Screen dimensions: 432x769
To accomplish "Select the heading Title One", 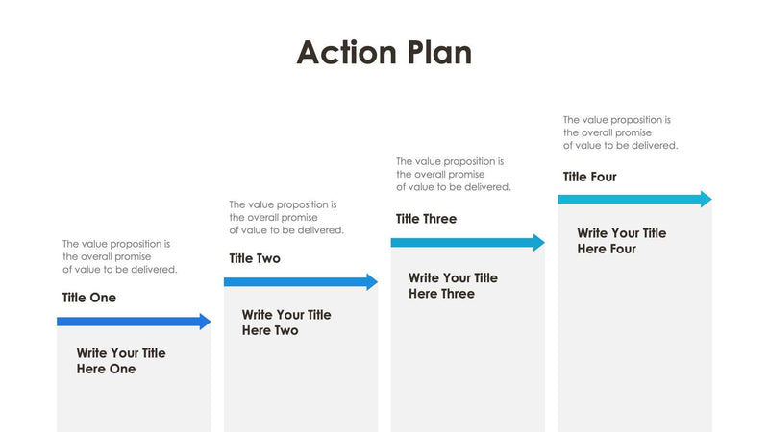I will [x=89, y=298].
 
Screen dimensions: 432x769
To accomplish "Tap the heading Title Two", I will [x=255, y=258].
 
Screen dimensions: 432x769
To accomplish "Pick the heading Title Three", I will [x=426, y=219].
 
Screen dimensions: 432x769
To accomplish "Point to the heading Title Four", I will [x=589, y=177].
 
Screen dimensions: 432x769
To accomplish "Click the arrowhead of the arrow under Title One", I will [x=205, y=322].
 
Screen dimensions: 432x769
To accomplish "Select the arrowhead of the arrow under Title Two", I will [x=372, y=282].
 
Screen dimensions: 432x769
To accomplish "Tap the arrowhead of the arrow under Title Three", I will [x=538, y=243].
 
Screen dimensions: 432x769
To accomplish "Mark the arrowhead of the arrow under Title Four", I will [x=706, y=200].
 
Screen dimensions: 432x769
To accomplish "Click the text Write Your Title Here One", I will [x=121, y=361].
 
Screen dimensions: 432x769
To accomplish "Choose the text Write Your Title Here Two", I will [x=286, y=323].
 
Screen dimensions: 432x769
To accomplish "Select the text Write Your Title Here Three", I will [x=453, y=286].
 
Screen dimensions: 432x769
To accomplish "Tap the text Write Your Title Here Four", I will [x=621, y=241].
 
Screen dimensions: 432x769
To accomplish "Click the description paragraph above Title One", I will [x=119, y=257].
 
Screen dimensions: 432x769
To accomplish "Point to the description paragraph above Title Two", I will [x=285, y=218].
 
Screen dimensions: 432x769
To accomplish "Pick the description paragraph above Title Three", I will [x=453, y=175].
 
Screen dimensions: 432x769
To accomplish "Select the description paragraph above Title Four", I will [x=620, y=132].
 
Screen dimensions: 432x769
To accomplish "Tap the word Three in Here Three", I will [x=456, y=294].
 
